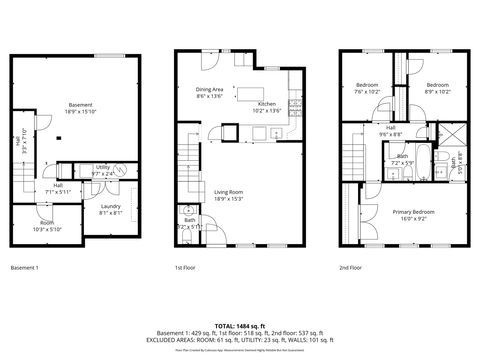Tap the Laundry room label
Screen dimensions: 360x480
[x=110, y=209]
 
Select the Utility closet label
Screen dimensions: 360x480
[x=103, y=169]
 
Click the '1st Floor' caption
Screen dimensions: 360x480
[x=185, y=268]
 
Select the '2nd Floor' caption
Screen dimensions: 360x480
[x=351, y=268]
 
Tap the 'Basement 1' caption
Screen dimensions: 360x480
[x=24, y=268]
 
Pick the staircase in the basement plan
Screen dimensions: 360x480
[x=29, y=180]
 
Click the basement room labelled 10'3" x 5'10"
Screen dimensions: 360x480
[x=47, y=225]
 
